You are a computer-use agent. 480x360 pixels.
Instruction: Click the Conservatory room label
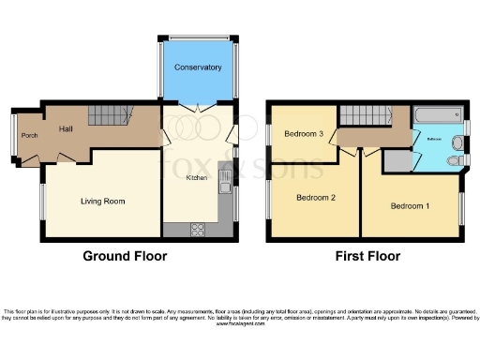click(x=198, y=68)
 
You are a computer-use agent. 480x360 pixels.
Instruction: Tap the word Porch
click(x=29, y=144)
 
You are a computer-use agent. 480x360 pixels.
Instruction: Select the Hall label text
click(x=67, y=129)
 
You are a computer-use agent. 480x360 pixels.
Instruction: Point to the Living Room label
click(x=102, y=201)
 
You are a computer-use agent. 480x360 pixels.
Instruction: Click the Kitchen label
click(x=196, y=176)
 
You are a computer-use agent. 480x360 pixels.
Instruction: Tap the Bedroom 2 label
click(x=316, y=197)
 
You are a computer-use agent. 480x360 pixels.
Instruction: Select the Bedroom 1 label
click(x=410, y=205)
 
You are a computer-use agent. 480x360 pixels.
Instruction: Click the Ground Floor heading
click(x=125, y=256)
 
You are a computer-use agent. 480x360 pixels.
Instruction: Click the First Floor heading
click(x=367, y=256)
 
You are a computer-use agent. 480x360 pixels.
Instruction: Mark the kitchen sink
click(x=225, y=178)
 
